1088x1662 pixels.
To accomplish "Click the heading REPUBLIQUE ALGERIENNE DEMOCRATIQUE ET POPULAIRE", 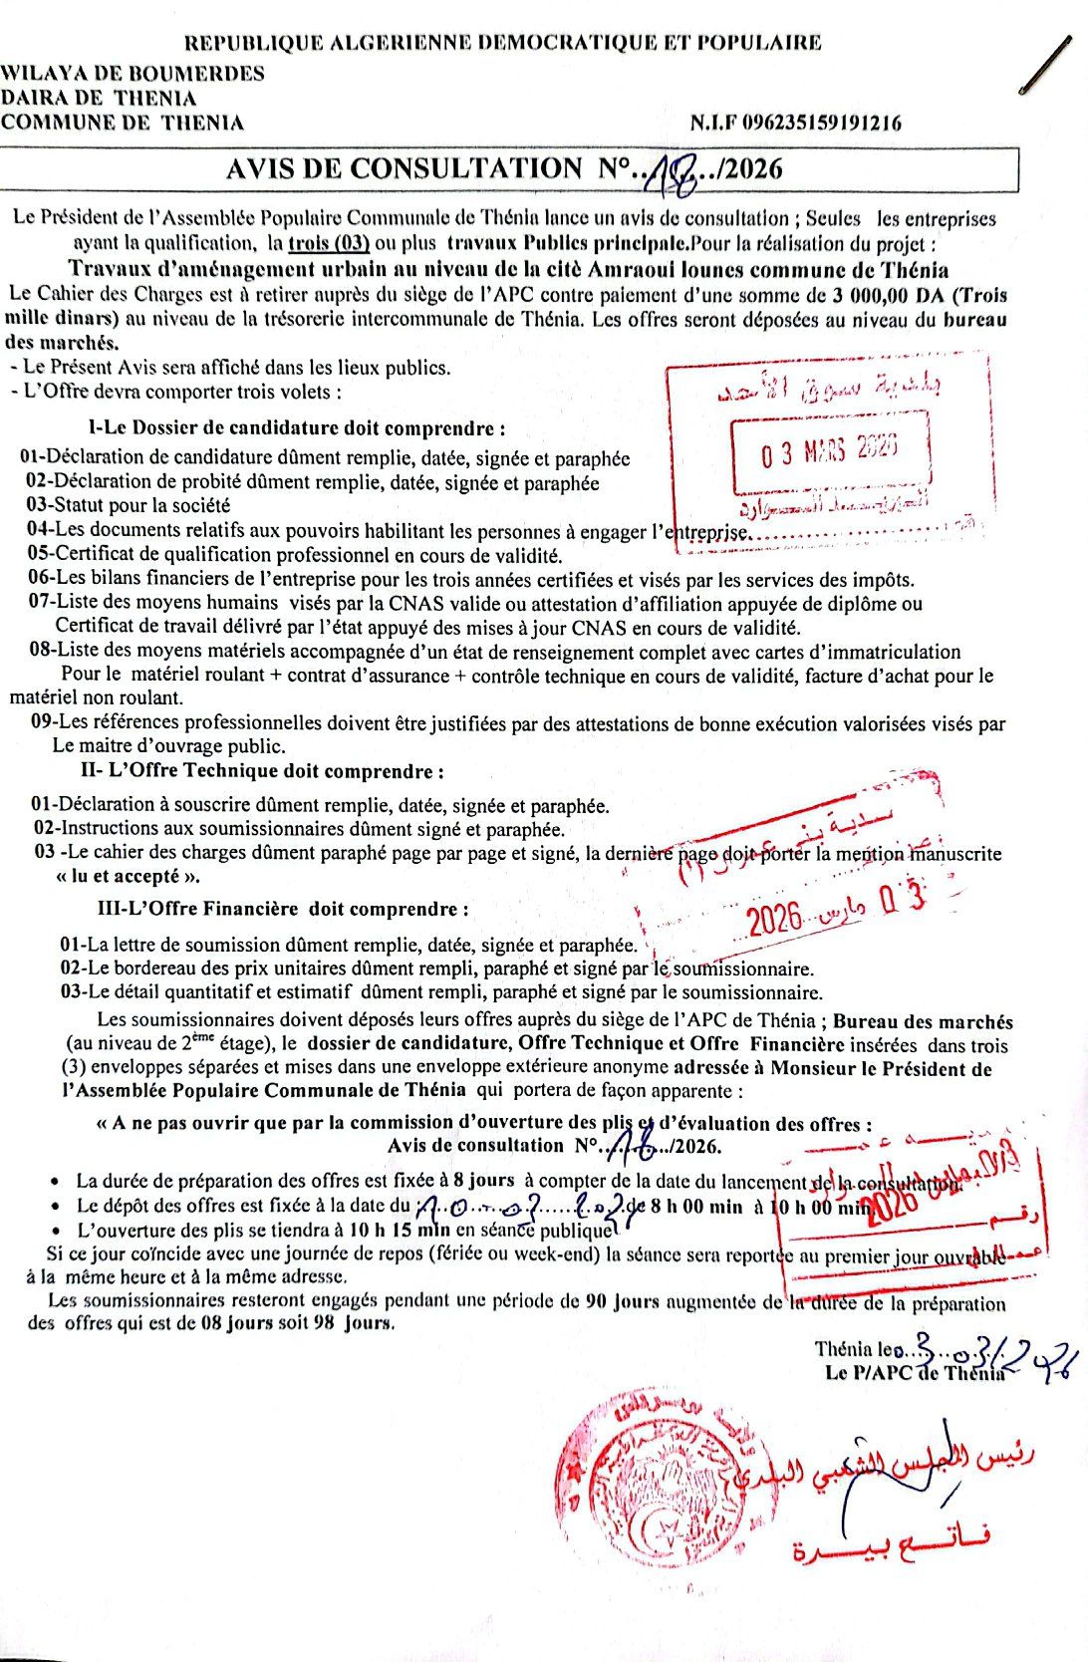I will [x=503, y=42].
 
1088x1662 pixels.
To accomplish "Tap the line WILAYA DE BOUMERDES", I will [x=133, y=73].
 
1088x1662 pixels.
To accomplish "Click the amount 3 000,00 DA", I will [x=883, y=295].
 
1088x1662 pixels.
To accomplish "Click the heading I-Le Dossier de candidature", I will [x=297, y=429].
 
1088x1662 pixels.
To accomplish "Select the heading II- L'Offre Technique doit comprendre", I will [x=262, y=771].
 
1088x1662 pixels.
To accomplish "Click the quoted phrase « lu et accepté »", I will [x=129, y=877].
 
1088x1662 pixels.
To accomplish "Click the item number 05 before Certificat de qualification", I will [x=39, y=555].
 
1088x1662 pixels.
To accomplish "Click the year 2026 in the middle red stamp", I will [x=775, y=919].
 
